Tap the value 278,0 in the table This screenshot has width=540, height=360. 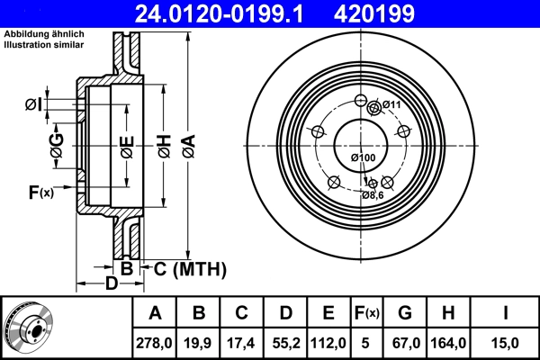(155, 341)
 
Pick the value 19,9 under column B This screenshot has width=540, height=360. (199, 341)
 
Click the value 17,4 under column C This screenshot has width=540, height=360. (242, 341)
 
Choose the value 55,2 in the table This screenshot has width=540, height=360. (285, 341)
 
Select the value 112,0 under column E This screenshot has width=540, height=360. (328, 341)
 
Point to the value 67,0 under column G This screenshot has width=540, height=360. (405, 341)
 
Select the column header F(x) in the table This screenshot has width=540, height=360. (367, 313)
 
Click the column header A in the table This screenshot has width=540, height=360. (155, 313)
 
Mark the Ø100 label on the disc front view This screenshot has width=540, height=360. (362, 158)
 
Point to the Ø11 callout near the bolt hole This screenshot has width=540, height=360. (391, 105)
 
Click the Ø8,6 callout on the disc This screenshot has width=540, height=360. (373, 194)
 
